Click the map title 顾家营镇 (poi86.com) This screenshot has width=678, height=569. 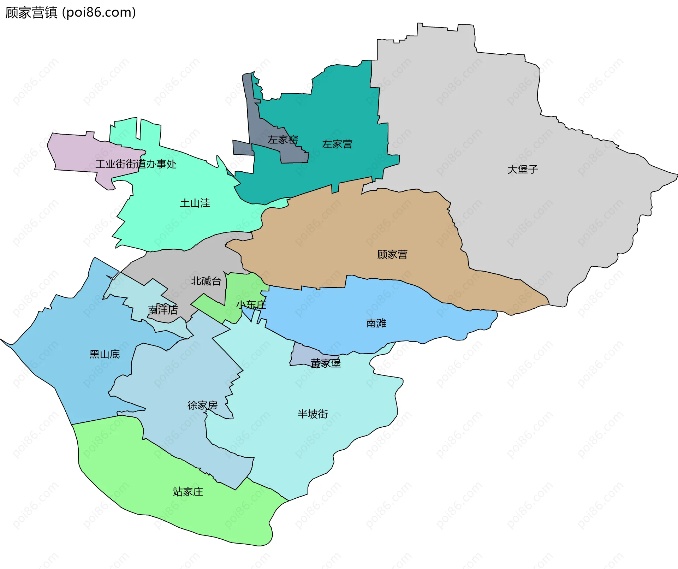pyautogui.click(x=71, y=13)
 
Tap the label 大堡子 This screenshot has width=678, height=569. pyautogui.click(x=522, y=170)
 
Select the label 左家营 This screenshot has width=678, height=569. pyautogui.click(x=337, y=144)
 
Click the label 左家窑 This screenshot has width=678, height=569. pyautogui.click(x=282, y=140)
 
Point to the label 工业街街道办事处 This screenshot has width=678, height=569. pyautogui.click(x=136, y=164)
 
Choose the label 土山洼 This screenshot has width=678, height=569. pyautogui.click(x=195, y=203)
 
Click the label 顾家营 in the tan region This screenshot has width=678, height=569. pyautogui.click(x=392, y=254)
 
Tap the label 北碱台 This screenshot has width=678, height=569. pyautogui.click(x=206, y=281)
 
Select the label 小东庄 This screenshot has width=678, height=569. pyautogui.click(x=251, y=304)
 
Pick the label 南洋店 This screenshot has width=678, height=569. pyautogui.click(x=162, y=310)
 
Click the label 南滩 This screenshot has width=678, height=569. pyautogui.click(x=376, y=323)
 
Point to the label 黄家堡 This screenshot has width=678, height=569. pyautogui.click(x=326, y=363)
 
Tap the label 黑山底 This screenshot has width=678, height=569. pyautogui.click(x=105, y=354)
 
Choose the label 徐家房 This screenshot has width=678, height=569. pyautogui.click(x=202, y=405)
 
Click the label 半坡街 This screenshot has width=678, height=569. pyautogui.click(x=313, y=414)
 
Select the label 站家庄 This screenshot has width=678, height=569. pyautogui.click(x=188, y=492)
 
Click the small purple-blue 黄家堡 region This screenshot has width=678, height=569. pyautogui.click(x=300, y=357)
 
